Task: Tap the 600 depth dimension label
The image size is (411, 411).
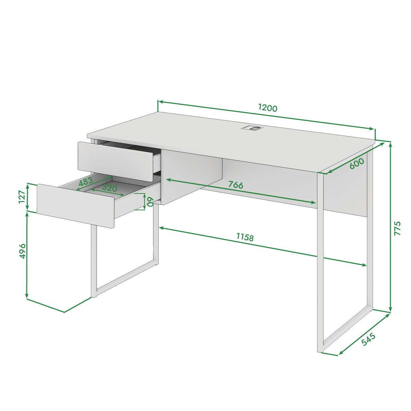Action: pyautogui.click(x=357, y=163)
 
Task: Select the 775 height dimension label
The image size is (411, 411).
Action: pyautogui.click(x=397, y=228)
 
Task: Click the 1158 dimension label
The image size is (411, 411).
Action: pyautogui.click(x=245, y=237)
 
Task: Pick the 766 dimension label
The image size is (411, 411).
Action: pyautogui.click(x=236, y=185)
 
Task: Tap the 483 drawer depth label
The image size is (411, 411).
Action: pyautogui.click(x=86, y=182)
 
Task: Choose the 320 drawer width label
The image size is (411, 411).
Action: pyautogui.click(x=110, y=188)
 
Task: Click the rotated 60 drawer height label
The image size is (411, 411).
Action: pyautogui.click(x=151, y=201)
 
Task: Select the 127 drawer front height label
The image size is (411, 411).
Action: pyautogui.click(x=22, y=197)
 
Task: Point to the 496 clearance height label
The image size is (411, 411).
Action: pyautogui.click(x=22, y=251)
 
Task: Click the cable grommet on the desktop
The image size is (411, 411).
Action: pyautogui.click(x=252, y=128)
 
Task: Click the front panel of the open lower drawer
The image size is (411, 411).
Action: pyautogui.click(x=76, y=206)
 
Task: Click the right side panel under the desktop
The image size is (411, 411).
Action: pyautogui.click(x=346, y=184)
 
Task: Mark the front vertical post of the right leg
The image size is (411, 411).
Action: pyautogui.click(x=320, y=262)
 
